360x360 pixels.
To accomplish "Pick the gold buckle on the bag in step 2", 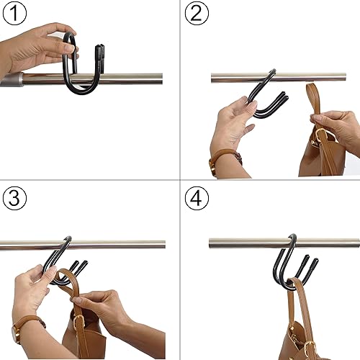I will (320, 137).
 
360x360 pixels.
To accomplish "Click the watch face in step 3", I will (15, 333).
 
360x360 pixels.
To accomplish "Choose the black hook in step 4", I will (284, 270).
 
